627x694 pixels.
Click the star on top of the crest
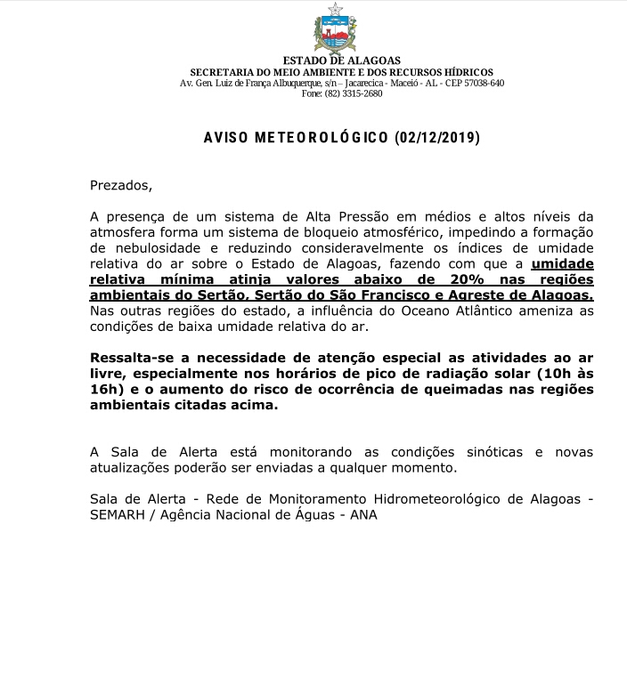(x=335, y=10)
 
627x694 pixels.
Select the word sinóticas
(x=488, y=452)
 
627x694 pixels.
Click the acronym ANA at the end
(x=364, y=515)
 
